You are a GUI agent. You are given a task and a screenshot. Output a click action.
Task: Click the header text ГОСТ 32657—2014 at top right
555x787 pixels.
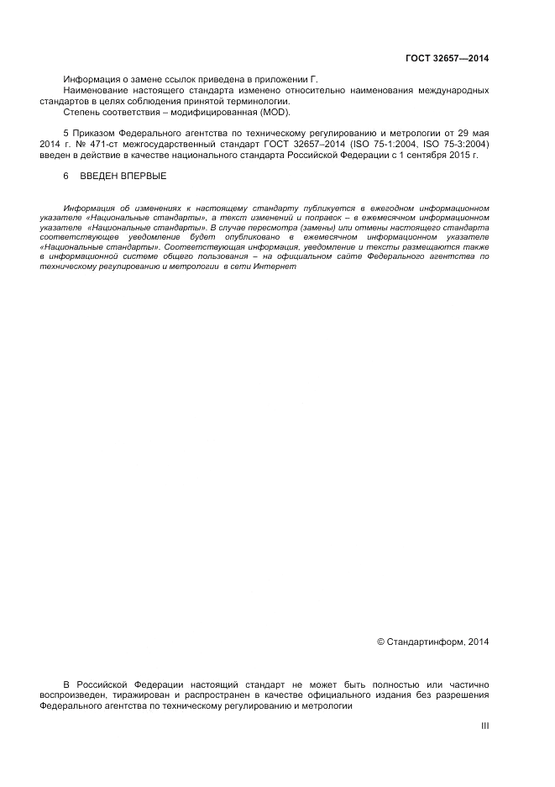447,59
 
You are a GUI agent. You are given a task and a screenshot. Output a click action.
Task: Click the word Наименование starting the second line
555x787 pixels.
95,89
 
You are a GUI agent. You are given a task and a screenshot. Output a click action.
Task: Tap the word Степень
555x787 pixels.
81,111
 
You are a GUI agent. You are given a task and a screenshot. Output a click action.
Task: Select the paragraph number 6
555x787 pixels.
66,177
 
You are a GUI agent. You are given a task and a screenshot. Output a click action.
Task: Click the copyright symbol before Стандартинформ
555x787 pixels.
380,642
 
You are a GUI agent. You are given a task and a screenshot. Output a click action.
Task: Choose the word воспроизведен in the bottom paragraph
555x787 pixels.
75,696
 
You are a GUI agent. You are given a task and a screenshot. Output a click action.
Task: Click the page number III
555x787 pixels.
484,726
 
